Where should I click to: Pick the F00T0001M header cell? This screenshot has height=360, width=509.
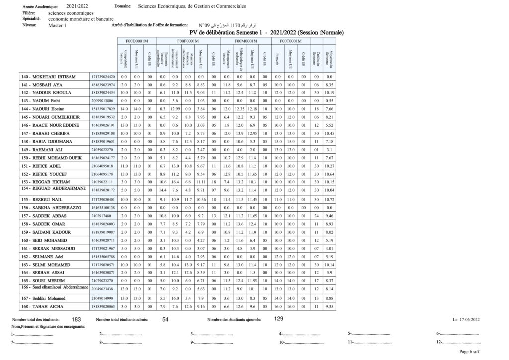click(291, 41)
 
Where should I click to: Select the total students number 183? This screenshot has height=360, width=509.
click(77, 319)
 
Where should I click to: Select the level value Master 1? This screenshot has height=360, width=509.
click(57, 25)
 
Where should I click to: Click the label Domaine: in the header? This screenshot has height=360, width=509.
click(123, 7)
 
